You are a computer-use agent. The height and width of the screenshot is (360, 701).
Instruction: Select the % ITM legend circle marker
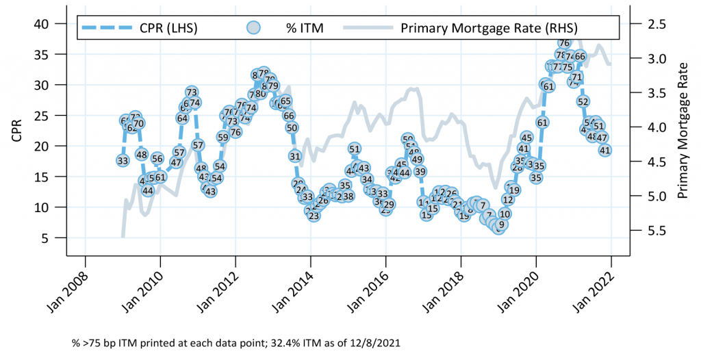[x=254, y=28]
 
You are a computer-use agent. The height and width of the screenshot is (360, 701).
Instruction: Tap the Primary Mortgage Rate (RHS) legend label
[x=489, y=28]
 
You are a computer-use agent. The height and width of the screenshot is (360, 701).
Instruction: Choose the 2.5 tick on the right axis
[x=647, y=24]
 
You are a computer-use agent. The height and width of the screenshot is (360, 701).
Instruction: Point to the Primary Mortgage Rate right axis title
[x=682, y=129]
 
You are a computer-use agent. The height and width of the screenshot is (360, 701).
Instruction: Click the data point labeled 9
[x=501, y=224]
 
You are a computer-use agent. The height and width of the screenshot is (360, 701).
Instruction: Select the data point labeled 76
[x=564, y=42]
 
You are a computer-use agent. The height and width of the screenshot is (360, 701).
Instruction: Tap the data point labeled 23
[x=314, y=216]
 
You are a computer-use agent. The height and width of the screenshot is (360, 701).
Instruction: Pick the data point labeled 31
[x=295, y=156]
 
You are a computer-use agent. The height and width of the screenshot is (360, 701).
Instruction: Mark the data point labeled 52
[x=583, y=101]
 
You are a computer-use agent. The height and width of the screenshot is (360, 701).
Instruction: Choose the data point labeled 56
[x=157, y=159]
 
